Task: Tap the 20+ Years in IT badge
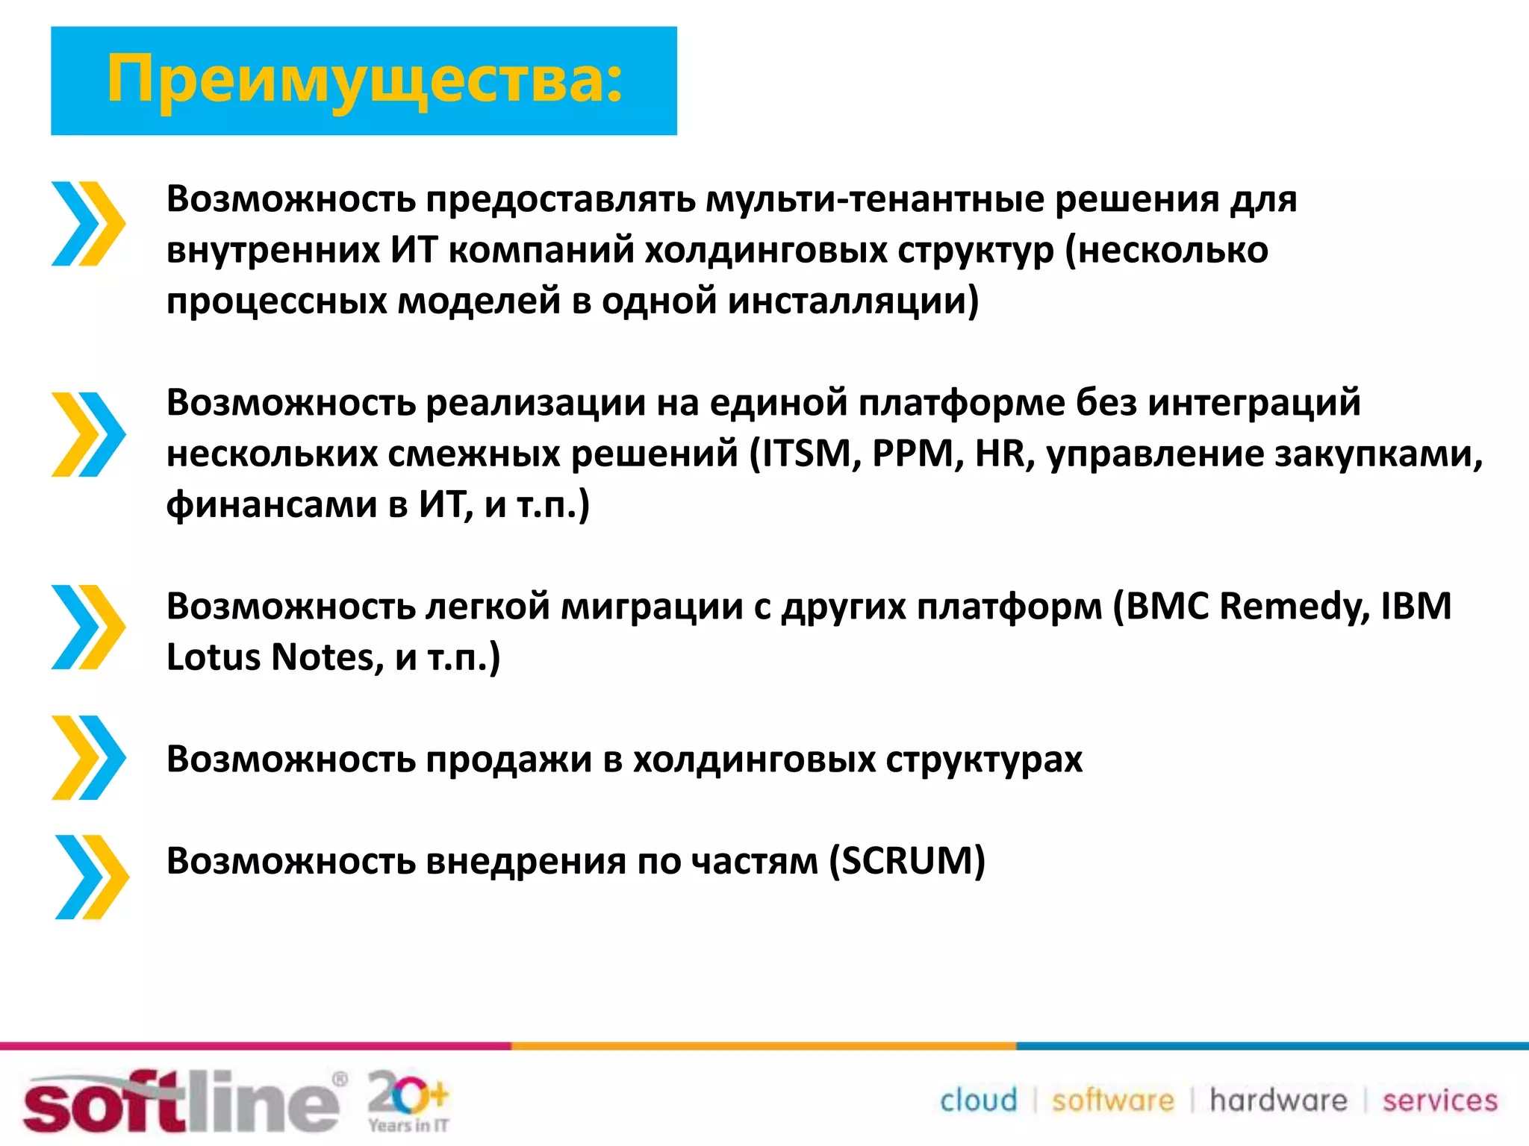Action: coord(408,1100)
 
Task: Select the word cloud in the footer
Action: coord(978,1100)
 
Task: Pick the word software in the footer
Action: coord(1112,1100)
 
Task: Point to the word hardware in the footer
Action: coord(1278,1100)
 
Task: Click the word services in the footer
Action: coord(1439,1100)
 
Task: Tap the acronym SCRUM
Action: coord(907,860)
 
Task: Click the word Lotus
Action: coord(213,657)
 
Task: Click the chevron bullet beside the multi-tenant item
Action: coord(88,223)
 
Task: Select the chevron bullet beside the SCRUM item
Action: coord(91,877)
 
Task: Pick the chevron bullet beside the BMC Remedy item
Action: coord(88,627)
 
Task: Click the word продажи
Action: coord(508,760)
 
